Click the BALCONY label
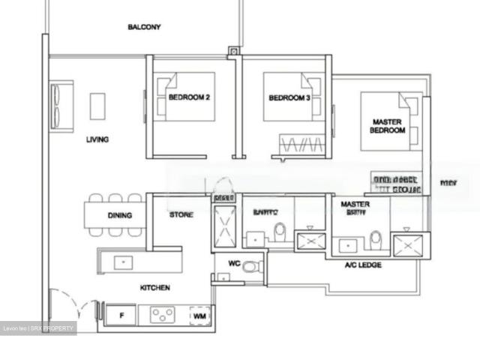[144, 27]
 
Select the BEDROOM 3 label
[289, 98]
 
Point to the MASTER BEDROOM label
[387, 125]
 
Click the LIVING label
[97, 139]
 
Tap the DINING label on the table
[119, 216]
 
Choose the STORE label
[181, 215]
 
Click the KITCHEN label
[154, 288]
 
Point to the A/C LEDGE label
[363, 265]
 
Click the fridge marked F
[121, 315]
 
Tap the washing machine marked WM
[199, 316]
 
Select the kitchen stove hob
[162, 315]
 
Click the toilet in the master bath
[375, 238]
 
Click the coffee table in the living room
[97, 106]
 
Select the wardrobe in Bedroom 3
[301, 143]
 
